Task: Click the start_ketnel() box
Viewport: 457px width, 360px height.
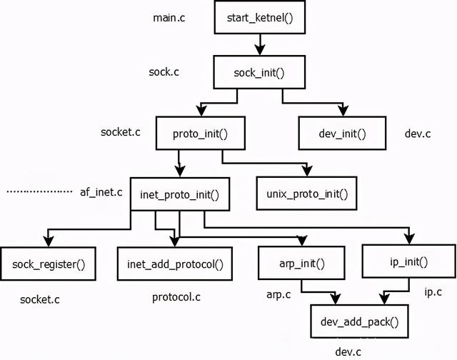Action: (259, 16)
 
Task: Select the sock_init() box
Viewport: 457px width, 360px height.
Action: (259, 72)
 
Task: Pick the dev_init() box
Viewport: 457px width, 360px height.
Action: (342, 133)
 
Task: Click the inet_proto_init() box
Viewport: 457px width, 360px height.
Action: (179, 193)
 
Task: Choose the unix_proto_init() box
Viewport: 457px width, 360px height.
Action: (306, 193)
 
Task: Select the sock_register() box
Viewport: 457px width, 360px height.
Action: (49, 264)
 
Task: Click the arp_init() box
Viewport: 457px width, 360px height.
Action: (301, 264)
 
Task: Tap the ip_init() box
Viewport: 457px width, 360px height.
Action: (408, 261)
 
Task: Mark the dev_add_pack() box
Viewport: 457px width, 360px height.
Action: (355, 321)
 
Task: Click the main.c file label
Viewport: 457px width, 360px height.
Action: (169, 16)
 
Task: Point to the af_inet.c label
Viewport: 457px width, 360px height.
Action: (101, 192)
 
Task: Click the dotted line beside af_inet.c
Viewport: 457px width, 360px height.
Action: (39, 192)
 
